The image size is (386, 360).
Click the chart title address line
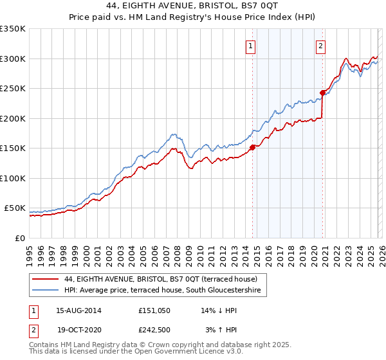193,6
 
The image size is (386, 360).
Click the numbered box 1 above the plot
250,46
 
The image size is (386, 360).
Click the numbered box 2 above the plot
320,46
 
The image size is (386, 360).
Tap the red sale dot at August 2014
252,147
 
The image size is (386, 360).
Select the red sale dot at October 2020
322,93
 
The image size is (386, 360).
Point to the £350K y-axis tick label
13,29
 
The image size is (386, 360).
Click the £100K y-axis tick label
13,178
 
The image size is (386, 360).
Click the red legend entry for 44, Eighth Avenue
161,279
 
